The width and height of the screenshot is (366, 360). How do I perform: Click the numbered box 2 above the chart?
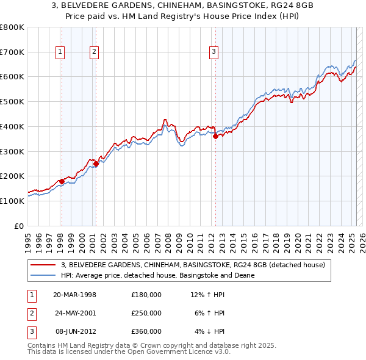95,52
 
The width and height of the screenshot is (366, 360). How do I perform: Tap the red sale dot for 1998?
62,181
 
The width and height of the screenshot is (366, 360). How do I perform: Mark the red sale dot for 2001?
96,164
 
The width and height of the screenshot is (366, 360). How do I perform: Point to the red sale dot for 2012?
215,137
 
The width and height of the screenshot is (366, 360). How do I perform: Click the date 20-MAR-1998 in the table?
75,295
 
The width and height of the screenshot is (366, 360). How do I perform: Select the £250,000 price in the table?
146,313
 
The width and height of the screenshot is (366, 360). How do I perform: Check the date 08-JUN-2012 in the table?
75,331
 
